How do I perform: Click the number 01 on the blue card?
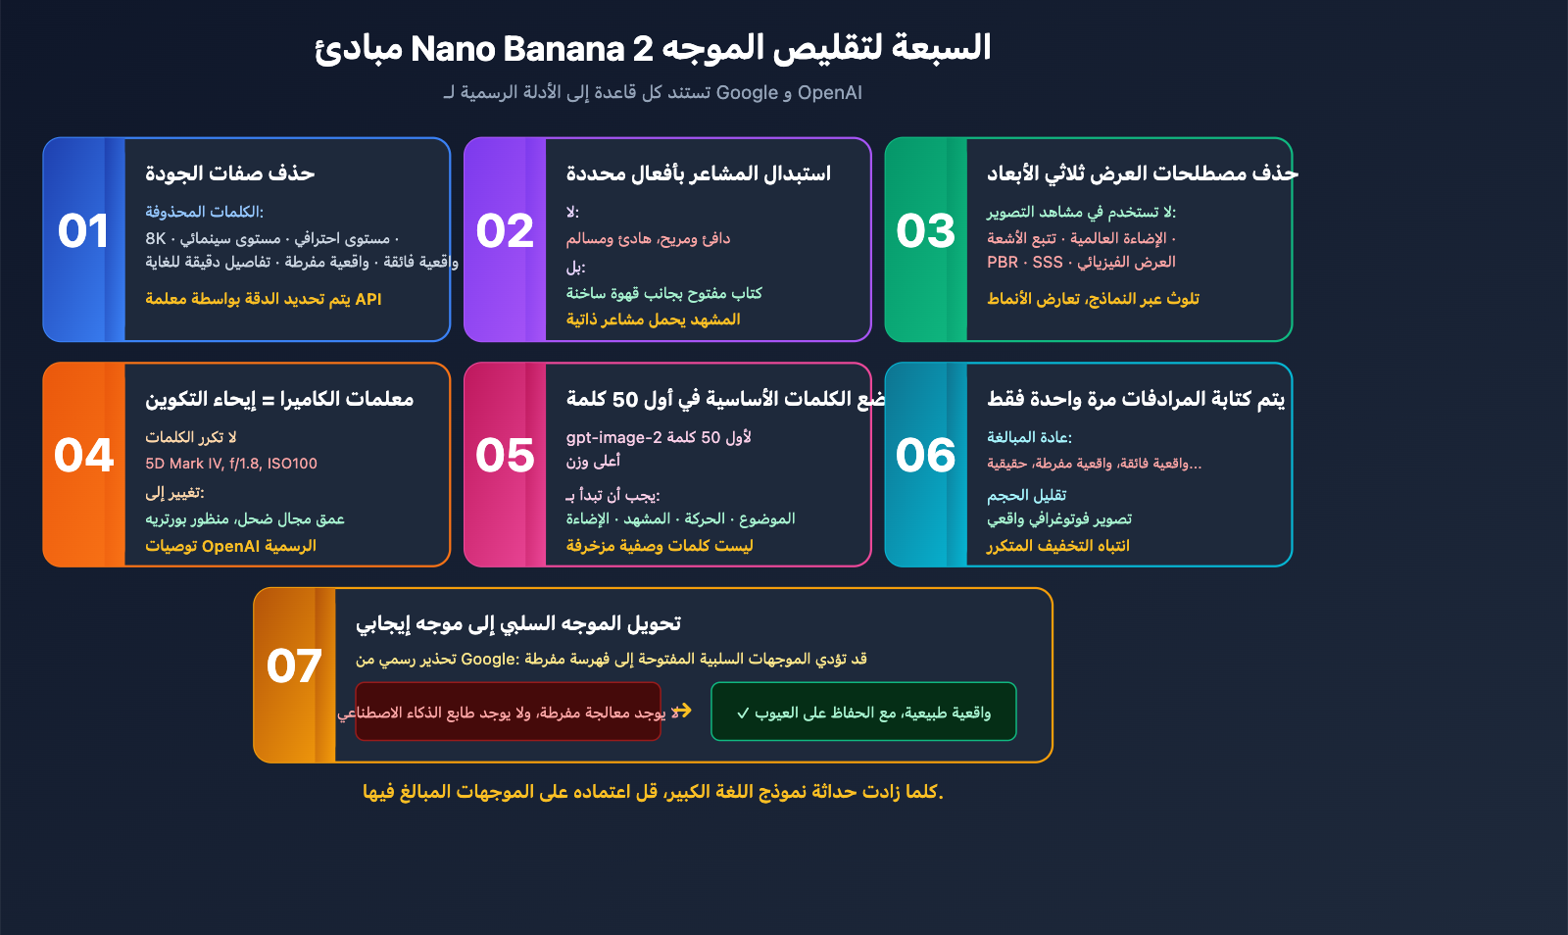point(83,231)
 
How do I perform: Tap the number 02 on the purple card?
point(505,231)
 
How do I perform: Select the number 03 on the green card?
point(925,231)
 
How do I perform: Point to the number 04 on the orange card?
point(84,456)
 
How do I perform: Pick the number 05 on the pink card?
point(505,456)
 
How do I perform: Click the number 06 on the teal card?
point(925,456)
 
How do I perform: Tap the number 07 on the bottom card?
point(294,666)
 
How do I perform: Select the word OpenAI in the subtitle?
point(830,93)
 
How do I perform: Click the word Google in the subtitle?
point(747,93)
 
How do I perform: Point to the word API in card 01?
point(368,299)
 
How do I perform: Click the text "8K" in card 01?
point(156,238)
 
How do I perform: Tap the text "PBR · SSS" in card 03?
point(1025,263)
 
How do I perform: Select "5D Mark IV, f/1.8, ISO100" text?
point(231,464)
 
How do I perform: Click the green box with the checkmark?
point(863,713)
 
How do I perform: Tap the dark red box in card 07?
point(508,713)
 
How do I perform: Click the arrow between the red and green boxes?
point(683,711)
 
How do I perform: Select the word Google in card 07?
point(489,660)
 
